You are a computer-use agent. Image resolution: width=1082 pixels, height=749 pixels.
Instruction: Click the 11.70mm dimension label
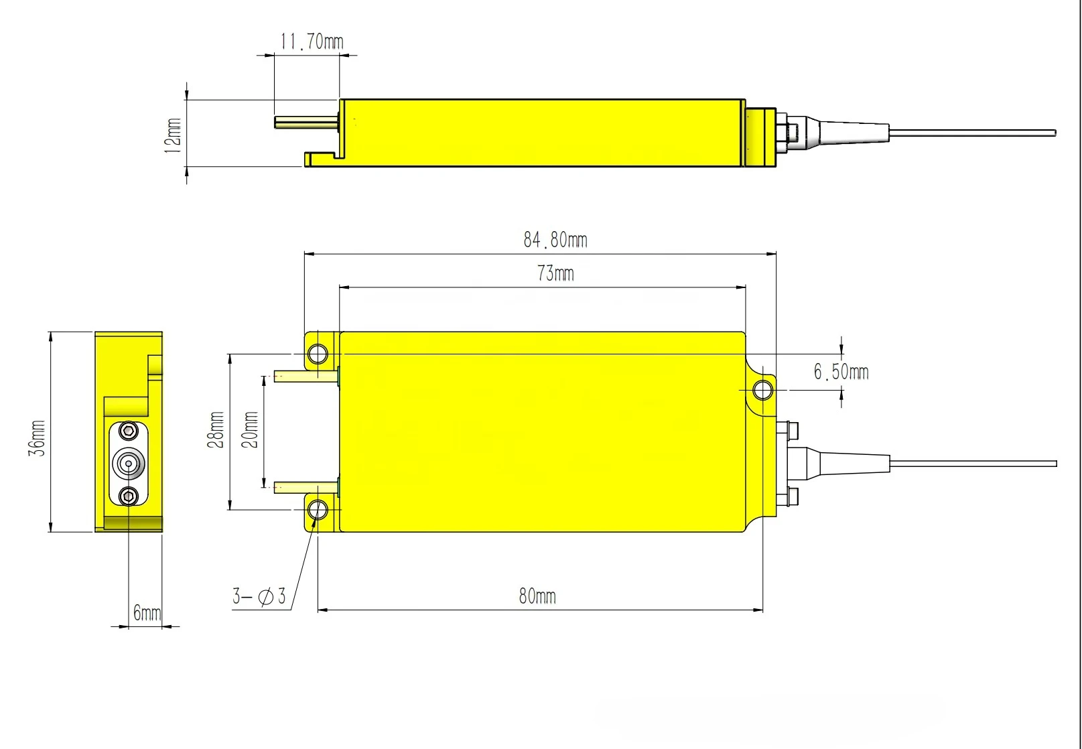coord(312,42)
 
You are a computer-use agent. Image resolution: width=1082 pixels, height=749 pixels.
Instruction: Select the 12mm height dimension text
coord(173,135)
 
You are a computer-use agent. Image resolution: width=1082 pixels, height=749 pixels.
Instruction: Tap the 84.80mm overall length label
coord(555,240)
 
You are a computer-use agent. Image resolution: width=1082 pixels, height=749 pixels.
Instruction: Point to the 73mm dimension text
coord(555,273)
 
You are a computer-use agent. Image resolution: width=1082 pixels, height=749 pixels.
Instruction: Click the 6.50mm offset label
coord(841,372)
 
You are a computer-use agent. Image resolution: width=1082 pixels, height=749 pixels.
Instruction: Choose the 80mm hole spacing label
coord(537,596)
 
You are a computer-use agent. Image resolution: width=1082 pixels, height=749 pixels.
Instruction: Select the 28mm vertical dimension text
coord(216,429)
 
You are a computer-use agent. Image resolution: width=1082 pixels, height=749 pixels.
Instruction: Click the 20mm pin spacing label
coord(250,429)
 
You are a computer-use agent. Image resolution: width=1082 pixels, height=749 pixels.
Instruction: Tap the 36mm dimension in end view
coord(37,438)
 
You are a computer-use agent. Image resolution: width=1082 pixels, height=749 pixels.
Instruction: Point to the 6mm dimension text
coord(147,612)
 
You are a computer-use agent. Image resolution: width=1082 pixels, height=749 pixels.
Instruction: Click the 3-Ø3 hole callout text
coord(259,596)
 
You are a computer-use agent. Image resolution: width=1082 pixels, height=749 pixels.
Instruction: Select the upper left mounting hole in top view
coord(318,354)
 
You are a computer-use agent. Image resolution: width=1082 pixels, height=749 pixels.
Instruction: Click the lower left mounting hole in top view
coord(318,510)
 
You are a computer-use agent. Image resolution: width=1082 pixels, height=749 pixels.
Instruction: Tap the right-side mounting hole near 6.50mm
coord(762,389)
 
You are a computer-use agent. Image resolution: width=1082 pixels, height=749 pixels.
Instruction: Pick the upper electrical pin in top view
coord(306,377)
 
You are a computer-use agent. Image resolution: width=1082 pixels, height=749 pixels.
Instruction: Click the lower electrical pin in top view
coord(306,487)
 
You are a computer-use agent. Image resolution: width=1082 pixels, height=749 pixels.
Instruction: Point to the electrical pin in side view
coord(306,123)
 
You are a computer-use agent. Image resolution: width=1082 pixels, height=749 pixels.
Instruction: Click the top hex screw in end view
coord(129,430)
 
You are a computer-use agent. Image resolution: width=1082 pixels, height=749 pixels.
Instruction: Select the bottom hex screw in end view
coord(129,496)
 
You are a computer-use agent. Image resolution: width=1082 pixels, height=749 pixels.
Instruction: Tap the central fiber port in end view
coord(129,463)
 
